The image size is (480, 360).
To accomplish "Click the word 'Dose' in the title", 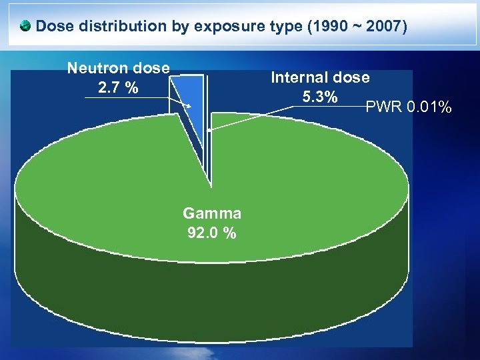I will click(55, 27).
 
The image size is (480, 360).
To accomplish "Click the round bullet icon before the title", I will click(25, 27).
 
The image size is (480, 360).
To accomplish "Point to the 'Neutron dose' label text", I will click(119, 67).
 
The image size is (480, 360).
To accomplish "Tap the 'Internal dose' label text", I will click(320, 77).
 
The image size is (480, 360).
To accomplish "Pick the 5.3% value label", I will click(319, 97).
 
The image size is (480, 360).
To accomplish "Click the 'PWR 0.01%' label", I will click(409, 107).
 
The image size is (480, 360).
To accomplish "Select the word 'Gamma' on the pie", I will click(212, 213).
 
